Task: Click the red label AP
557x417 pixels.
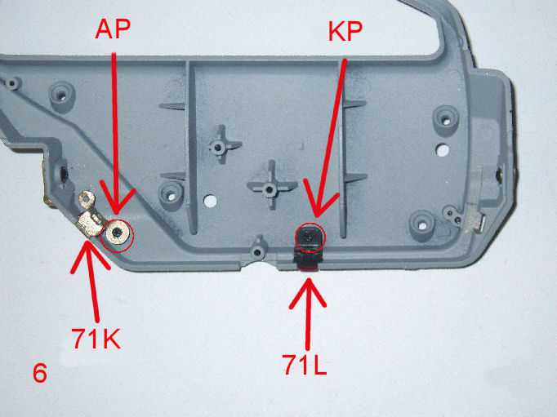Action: point(113,29)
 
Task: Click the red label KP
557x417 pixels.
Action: point(345,32)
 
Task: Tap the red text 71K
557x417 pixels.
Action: point(96,339)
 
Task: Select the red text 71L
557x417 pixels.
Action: point(305,365)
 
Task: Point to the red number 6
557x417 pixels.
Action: point(40,373)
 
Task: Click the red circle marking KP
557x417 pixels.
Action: point(310,224)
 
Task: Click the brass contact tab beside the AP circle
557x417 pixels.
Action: point(89,217)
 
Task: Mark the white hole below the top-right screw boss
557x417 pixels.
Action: point(443,150)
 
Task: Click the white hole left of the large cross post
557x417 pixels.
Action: point(210,201)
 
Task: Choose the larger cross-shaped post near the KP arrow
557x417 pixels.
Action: point(272,185)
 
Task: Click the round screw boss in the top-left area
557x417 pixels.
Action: point(62,95)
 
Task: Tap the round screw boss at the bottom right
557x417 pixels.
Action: point(422,225)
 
